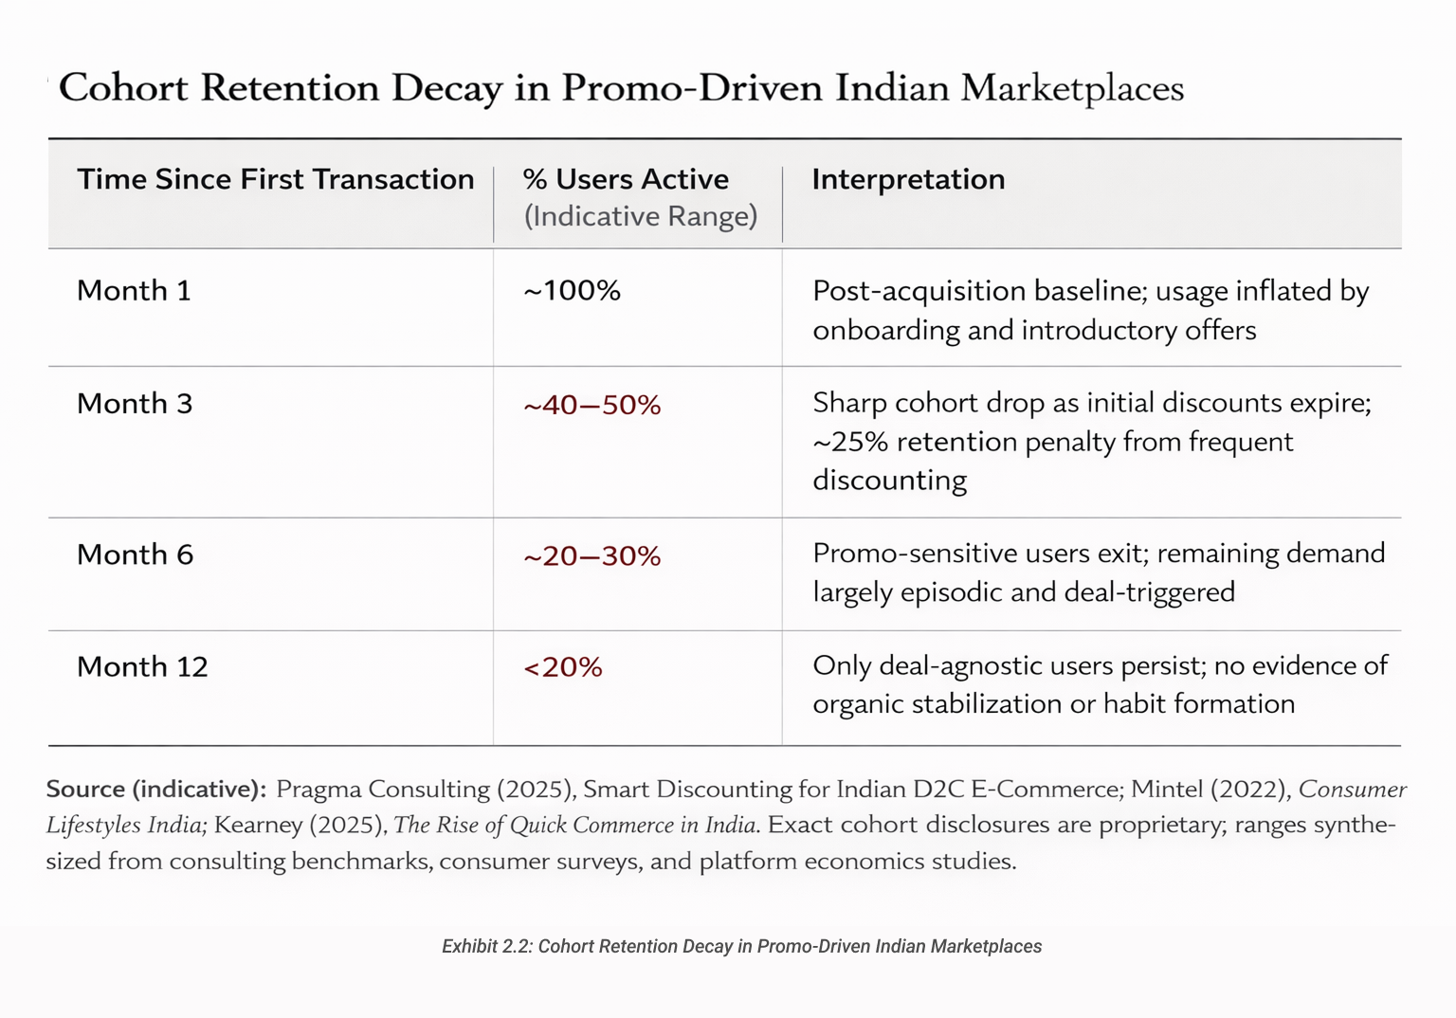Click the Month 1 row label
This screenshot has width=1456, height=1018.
pyautogui.click(x=134, y=290)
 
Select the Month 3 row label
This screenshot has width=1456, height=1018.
pyautogui.click(x=135, y=404)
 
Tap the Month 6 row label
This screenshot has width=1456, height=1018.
pyautogui.click(x=135, y=554)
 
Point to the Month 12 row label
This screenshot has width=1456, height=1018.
pyautogui.click(x=142, y=667)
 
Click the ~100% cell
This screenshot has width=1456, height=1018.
pyautogui.click(x=572, y=290)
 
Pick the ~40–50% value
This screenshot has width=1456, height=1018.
pyautogui.click(x=591, y=406)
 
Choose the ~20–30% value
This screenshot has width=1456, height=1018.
pyautogui.click(x=591, y=556)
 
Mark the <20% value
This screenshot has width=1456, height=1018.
pyautogui.click(x=563, y=668)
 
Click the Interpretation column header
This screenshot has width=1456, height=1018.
pyautogui.click(x=908, y=179)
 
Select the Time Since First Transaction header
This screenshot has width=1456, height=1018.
pyautogui.click(x=275, y=179)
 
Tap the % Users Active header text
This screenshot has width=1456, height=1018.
pyautogui.click(x=626, y=179)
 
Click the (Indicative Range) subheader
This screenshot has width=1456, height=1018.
pyautogui.click(x=641, y=216)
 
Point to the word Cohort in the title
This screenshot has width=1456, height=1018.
pyautogui.click(x=123, y=88)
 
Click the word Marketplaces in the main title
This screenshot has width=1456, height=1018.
pyautogui.click(x=1072, y=88)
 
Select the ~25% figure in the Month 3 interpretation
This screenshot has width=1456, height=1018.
pyautogui.click(x=849, y=442)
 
